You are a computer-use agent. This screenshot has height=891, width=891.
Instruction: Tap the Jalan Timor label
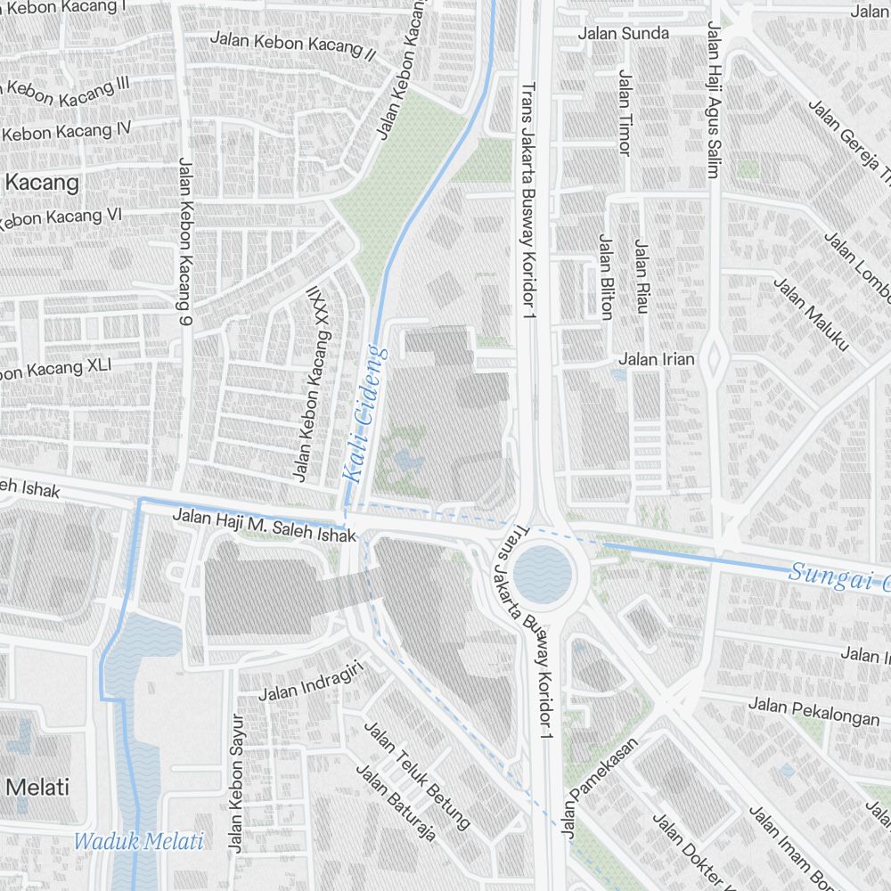pyautogui.click(x=624, y=113)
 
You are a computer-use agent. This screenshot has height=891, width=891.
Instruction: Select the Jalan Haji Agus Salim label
pyautogui.click(x=712, y=99)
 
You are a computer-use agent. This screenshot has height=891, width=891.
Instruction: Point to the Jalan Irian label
pyautogui.click(x=656, y=359)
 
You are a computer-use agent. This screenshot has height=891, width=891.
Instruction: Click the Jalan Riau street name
pyautogui.click(x=640, y=275)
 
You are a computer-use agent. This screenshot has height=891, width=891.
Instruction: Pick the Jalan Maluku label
pyautogui.click(x=811, y=314)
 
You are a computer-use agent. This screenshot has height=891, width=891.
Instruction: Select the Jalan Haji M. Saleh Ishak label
pyautogui.click(x=264, y=525)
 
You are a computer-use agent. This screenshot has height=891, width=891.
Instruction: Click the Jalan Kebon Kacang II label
pyautogui.click(x=292, y=45)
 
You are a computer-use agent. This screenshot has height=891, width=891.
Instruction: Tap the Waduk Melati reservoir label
pyautogui.click(x=139, y=840)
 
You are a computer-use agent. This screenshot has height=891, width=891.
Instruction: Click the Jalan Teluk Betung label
pyautogui.click(x=417, y=773)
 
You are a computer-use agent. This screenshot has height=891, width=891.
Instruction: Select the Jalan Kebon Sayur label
pyautogui.click(x=236, y=783)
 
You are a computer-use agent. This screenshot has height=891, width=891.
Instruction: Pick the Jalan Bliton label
pyautogui.click(x=606, y=276)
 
